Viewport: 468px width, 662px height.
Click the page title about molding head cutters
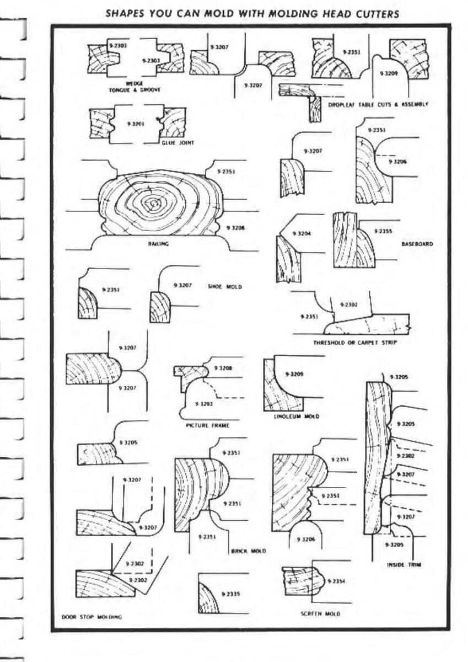coord(251,13)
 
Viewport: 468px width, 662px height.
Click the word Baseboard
coord(417,243)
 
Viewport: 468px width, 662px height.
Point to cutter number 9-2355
coord(383,232)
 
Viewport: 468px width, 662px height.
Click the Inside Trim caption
coord(404,564)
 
